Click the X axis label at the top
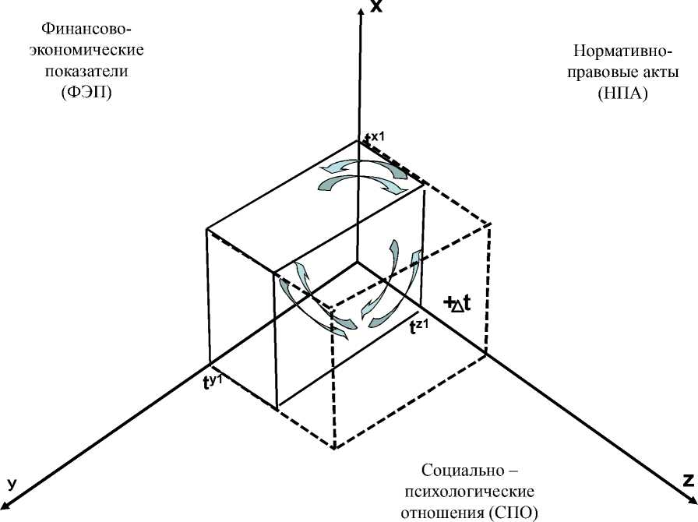376,7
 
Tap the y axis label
12,483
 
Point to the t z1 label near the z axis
420,326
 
